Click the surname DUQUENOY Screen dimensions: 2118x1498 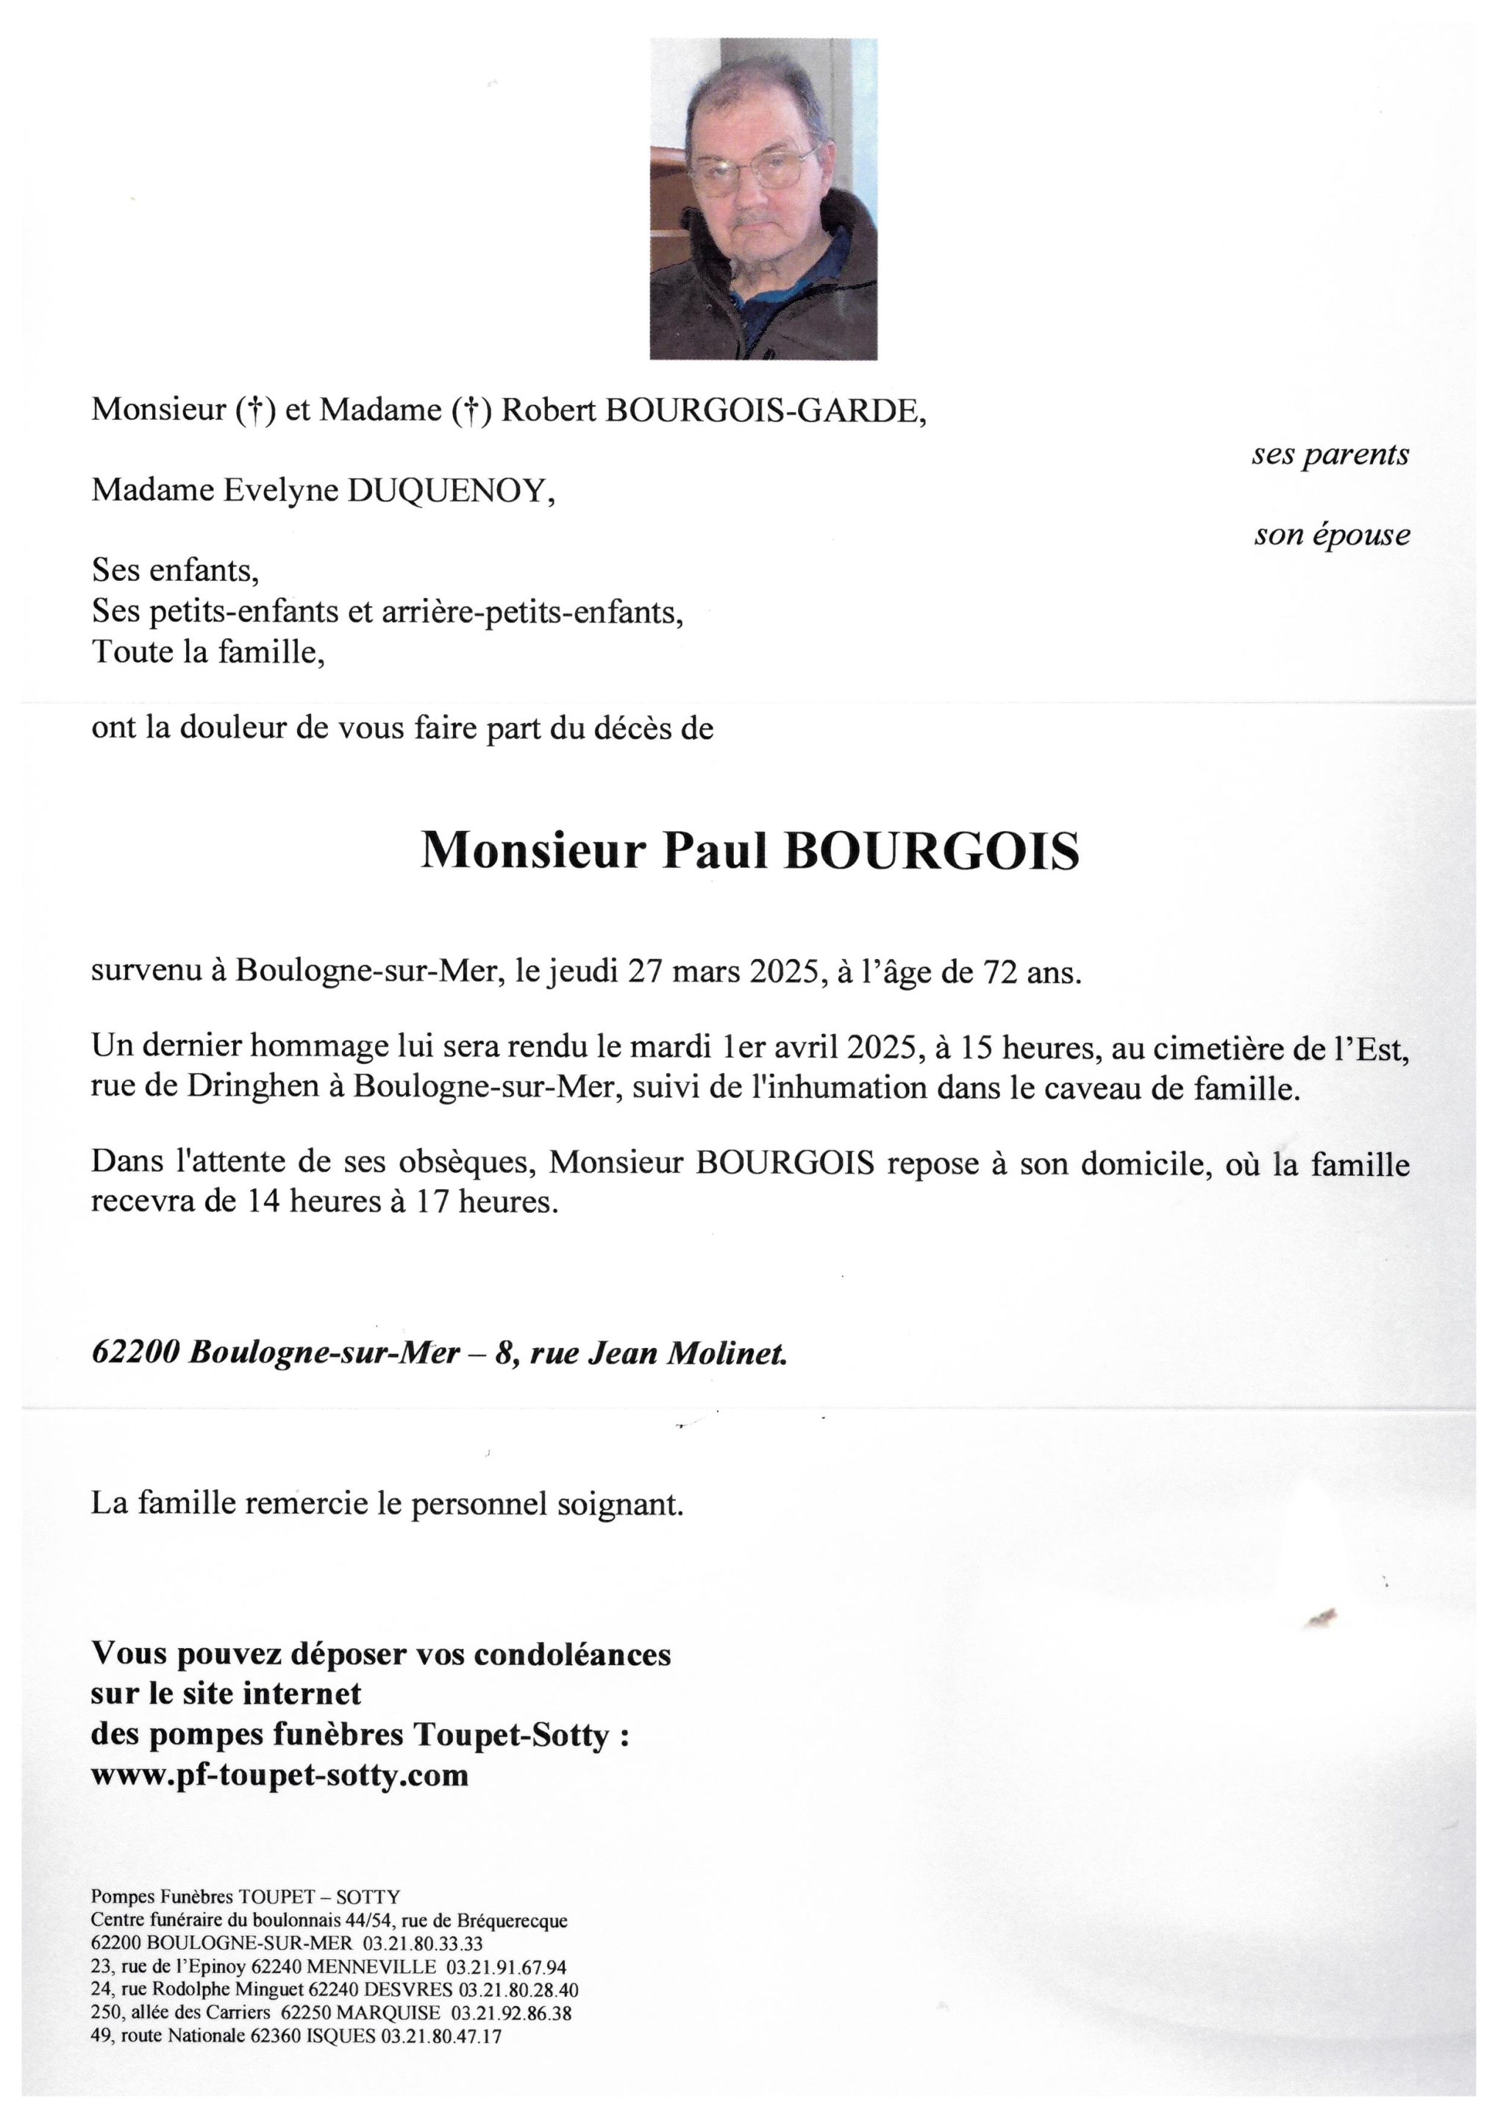(x=449, y=492)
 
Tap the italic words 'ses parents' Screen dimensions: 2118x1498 (x=1330, y=454)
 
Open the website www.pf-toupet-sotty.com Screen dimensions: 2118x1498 (x=279, y=1774)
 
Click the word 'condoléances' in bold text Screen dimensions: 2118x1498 (x=572, y=1654)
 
